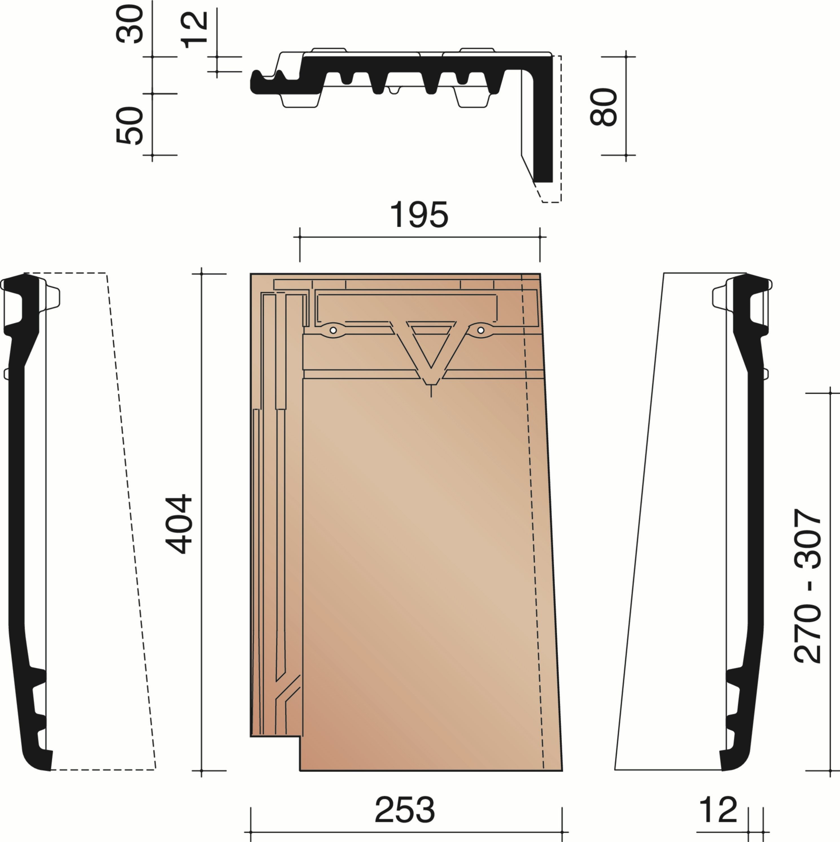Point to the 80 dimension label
[x=604, y=107]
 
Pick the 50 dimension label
[x=130, y=126]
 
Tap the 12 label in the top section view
[x=194, y=30]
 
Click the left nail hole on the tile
[x=333, y=330]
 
